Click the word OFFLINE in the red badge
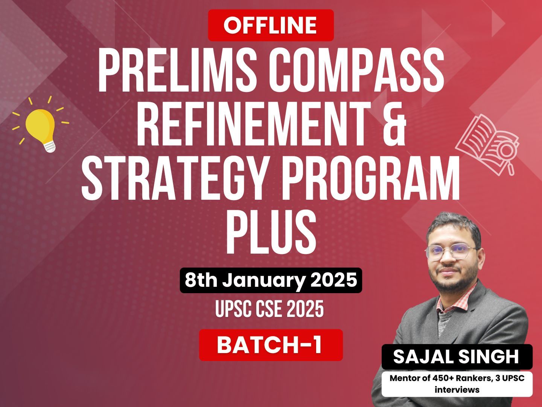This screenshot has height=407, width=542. (270, 25)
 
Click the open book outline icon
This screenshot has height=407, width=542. (487, 145)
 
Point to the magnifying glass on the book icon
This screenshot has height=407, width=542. (506, 156)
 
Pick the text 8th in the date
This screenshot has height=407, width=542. (201, 280)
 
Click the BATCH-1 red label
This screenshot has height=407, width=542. (271, 345)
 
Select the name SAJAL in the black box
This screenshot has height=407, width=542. (423, 357)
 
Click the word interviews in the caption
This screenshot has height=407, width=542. (457, 390)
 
